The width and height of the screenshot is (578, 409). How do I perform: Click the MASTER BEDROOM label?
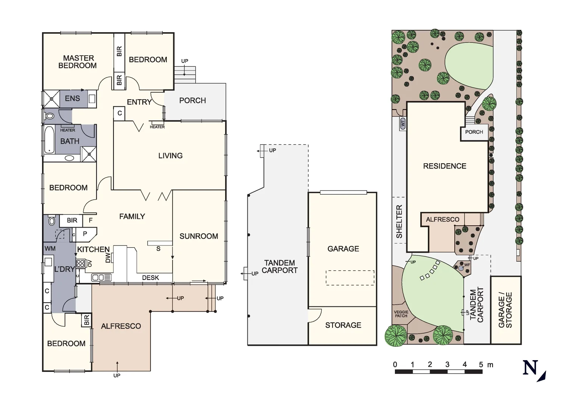click(x=78, y=62)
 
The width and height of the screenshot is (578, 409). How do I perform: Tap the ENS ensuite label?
click(x=72, y=98)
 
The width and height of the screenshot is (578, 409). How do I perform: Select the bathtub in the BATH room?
click(x=49, y=140)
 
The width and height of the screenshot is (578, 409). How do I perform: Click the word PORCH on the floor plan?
click(x=193, y=100)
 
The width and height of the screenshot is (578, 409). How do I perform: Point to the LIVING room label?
click(x=170, y=156)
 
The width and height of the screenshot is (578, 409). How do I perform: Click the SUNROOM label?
click(x=199, y=236)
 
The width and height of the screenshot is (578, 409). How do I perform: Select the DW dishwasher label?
click(x=108, y=258)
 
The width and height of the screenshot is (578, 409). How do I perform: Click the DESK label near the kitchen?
click(x=151, y=278)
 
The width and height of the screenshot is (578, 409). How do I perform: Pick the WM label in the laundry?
click(x=50, y=248)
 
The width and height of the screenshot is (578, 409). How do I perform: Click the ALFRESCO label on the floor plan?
click(x=121, y=326)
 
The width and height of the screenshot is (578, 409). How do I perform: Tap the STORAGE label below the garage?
click(x=343, y=325)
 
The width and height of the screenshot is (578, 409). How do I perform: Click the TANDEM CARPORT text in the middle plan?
click(x=280, y=267)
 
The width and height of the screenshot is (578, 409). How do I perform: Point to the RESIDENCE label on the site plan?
click(x=444, y=166)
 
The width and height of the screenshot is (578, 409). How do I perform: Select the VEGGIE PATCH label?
click(x=401, y=314)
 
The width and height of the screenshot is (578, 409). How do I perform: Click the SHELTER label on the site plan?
click(x=399, y=222)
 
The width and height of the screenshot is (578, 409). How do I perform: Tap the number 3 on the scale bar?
click(x=447, y=365)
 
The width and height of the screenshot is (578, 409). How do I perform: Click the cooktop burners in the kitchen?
click(x=80, y=263)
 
